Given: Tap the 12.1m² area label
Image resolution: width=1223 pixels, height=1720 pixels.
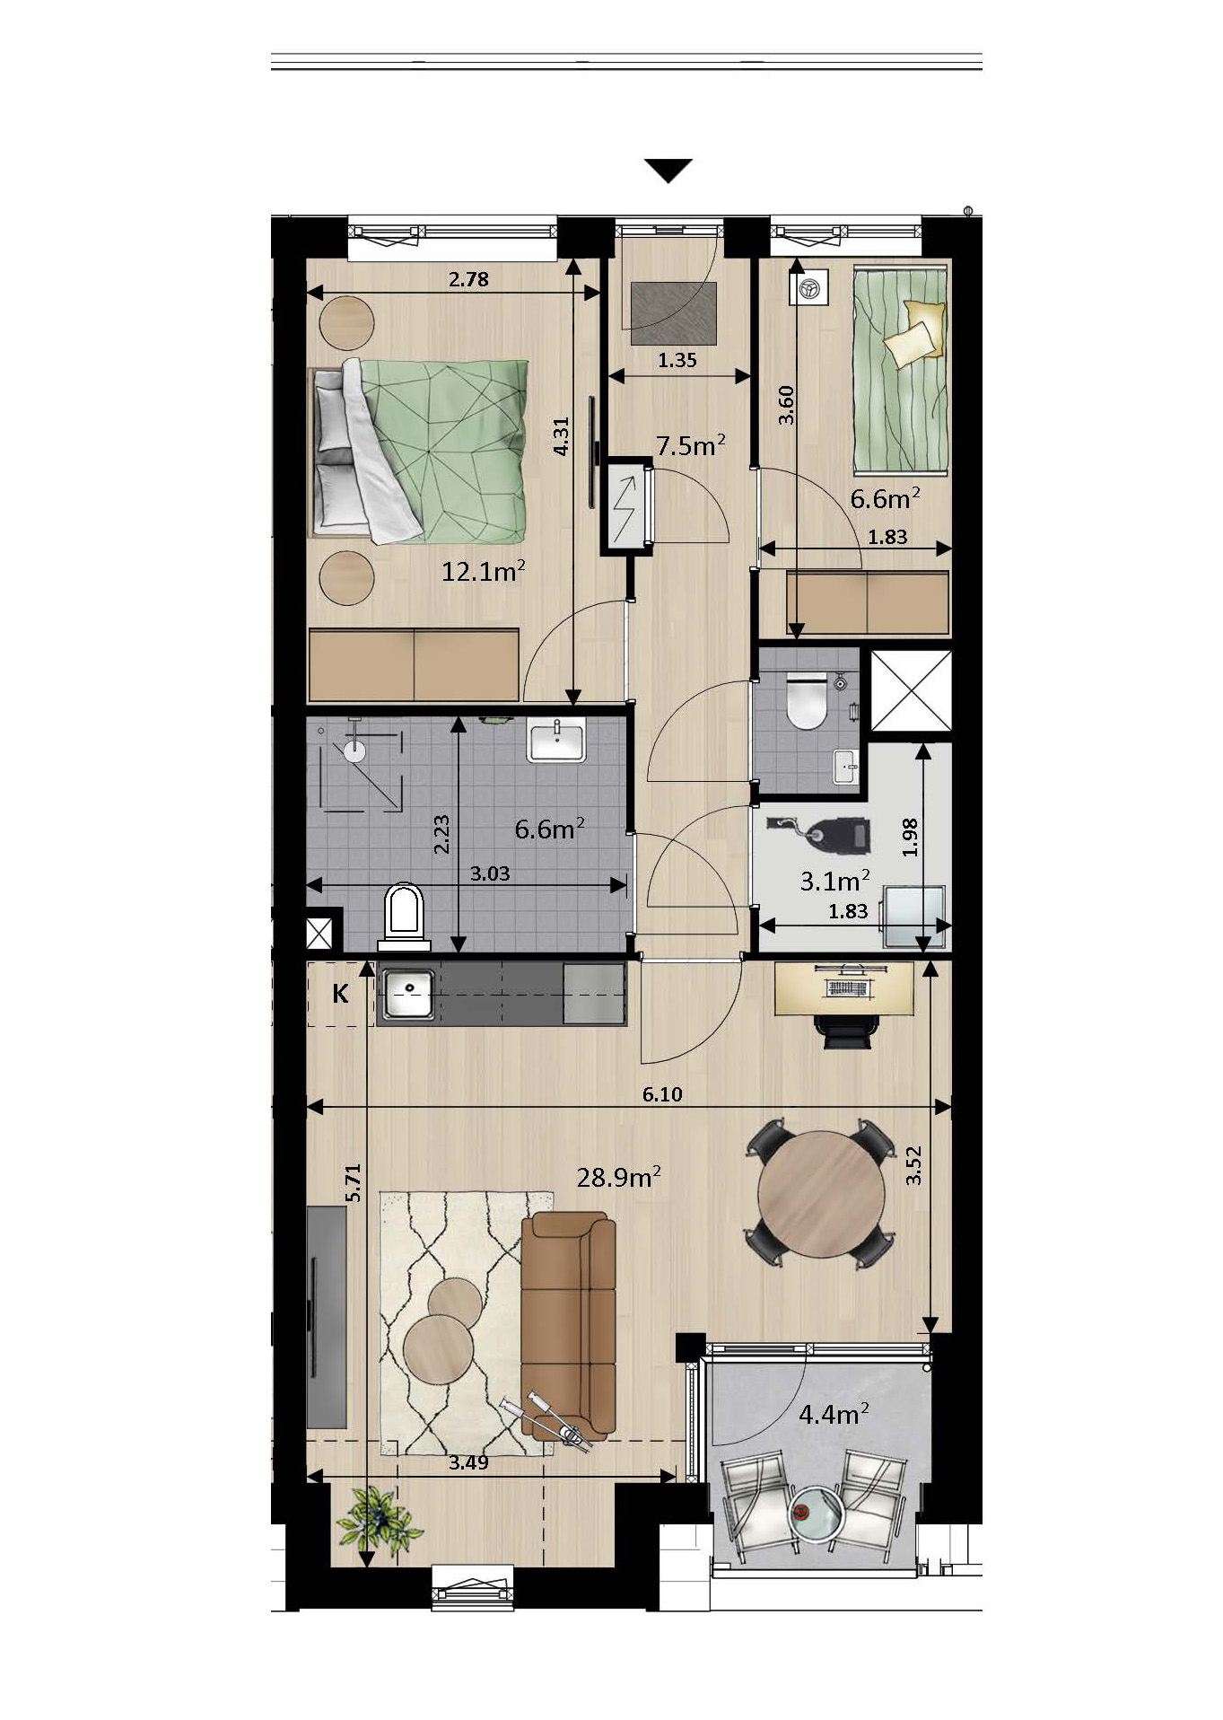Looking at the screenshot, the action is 483,570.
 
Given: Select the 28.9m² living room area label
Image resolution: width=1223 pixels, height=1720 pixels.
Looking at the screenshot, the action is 619,1176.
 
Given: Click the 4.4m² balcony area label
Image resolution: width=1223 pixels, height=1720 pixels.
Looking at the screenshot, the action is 834,1414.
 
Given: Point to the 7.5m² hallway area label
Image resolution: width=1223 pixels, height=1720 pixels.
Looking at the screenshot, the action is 690,445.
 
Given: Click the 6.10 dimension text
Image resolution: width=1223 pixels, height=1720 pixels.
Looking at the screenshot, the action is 662,1093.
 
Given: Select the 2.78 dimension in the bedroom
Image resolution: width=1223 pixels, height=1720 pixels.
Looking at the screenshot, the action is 468,279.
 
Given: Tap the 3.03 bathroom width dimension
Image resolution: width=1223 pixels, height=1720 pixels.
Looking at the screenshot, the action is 490,873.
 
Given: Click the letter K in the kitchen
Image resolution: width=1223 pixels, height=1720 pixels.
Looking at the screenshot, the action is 340,994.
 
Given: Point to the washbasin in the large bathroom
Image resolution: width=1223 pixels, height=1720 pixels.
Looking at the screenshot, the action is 556,741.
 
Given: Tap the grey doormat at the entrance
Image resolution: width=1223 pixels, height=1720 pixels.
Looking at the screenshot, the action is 674,313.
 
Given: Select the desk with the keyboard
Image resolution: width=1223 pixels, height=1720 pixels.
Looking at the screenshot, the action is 844,988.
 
